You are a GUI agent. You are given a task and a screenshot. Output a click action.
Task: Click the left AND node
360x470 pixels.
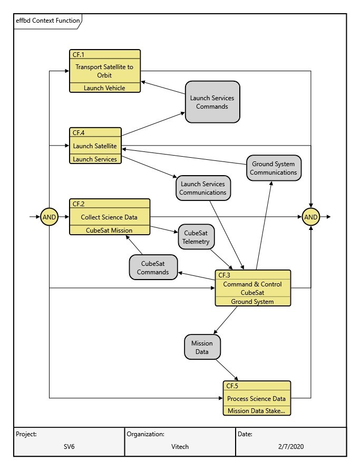click(x=49, y=217)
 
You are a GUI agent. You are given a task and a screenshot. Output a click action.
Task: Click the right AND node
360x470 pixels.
click(x=311, y=217)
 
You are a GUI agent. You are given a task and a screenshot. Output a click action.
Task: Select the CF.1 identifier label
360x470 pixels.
click(x=78, y=54)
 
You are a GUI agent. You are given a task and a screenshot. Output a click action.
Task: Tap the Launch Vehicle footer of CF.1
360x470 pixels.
click(x=105, y=88)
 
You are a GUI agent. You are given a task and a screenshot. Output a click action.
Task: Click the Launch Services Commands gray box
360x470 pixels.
click(x=212, y=102)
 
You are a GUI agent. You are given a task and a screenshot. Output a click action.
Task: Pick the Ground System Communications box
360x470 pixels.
click(x=273, y=168)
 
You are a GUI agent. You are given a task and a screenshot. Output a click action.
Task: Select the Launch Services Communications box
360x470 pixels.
click(x=203, y=188)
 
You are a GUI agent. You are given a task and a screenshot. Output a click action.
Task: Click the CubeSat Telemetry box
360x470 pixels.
click(x=196, y=237)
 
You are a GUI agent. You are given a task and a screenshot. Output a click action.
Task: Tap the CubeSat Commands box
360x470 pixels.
click(x=153, y=267)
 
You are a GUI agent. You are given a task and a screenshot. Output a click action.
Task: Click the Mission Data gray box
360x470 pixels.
click(x=202, y=348)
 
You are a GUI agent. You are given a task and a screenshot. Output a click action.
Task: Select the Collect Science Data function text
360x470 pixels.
click(x=109, y=217)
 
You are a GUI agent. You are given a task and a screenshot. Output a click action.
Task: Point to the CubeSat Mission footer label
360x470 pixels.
click(x=109, y=230)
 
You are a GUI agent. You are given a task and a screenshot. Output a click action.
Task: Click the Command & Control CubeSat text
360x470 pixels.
click(x=252, y=288)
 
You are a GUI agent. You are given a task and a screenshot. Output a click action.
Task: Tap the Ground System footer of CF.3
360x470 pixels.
click(x=252, y=302)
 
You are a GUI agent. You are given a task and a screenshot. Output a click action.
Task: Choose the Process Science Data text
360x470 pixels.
click(x=256, y=399)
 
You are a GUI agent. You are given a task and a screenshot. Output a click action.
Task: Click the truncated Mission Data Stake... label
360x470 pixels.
click(x=256, y=411)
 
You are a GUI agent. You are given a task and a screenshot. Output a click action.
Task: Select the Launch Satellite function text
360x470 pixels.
click(x=95, y=146)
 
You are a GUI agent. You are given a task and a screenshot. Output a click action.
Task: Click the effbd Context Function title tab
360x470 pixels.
click(x=47, y=21)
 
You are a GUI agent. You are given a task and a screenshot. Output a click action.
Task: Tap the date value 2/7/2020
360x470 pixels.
click(x=291, y=447)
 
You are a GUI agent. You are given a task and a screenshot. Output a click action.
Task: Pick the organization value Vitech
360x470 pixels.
click(x=180, y=447)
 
